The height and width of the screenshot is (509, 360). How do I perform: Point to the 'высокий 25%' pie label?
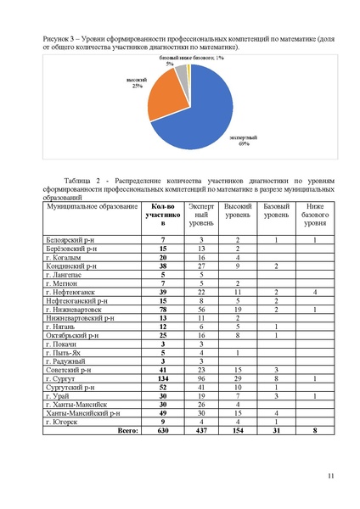pos(136,84)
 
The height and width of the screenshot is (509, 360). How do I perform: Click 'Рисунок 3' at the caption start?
pos(56,40)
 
